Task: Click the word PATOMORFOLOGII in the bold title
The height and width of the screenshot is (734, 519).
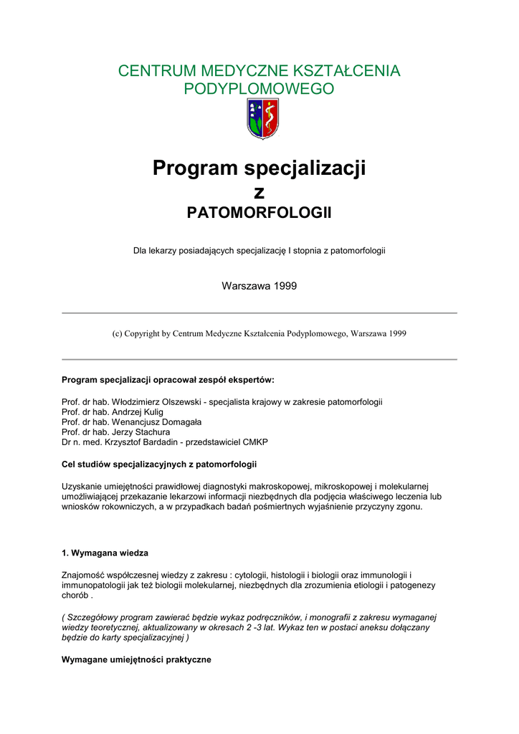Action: point(259,213)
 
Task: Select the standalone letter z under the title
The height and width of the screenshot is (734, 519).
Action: point(259,192)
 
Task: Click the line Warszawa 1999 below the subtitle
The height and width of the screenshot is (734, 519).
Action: point(259,286)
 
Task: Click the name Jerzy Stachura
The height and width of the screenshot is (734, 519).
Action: point(141,432)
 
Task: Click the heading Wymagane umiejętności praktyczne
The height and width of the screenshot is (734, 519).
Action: point(136,659)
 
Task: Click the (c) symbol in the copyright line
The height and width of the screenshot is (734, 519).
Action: point(117,334)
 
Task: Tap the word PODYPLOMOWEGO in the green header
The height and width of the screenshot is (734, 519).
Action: point(259,89)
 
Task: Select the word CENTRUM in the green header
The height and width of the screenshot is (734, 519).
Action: point(150,71)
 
